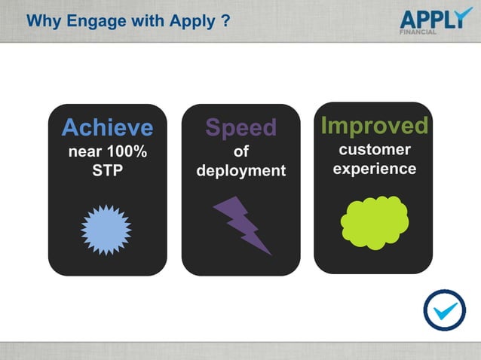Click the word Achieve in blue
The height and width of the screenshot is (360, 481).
tap(107, 127)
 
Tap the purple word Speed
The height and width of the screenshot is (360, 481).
tap(240, 127)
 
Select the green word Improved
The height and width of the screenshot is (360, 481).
tap(374, 125)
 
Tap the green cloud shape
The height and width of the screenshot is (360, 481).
tap(374, 221)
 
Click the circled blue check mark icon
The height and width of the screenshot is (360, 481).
tap(444, 310)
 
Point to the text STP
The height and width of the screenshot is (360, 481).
tap(107, 170)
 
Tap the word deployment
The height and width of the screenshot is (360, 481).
tap(240, 171)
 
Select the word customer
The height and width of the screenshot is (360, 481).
tap(374, 149)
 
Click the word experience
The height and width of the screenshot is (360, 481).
tap(374, 169)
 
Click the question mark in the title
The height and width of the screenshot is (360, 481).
tap(225, 20)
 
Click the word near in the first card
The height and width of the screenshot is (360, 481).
tap(84, 151)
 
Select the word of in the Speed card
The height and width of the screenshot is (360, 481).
tap(240, 151)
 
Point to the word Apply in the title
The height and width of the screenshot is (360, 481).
tap(195, 20)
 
